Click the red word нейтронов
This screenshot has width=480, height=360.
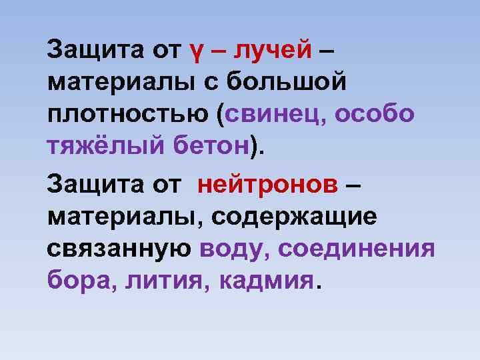pyautogui.click(x=268, y=183)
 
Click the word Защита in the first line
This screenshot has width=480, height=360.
pyautogui.click(x=90, y=49)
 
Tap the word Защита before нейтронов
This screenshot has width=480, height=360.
pyautogui.click(x=90, y=183)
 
